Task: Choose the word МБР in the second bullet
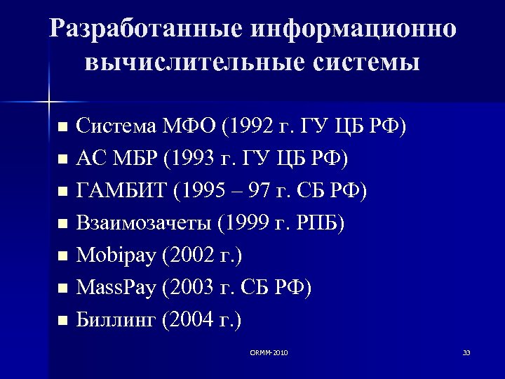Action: (134, 159)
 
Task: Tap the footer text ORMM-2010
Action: (269, 352)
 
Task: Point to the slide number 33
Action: (466, 352)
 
